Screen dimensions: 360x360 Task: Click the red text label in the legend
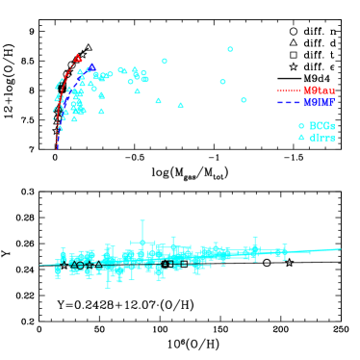tap(319, 90)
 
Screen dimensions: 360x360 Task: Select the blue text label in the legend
tap(319, 102)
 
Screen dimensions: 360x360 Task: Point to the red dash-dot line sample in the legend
tap(289, 90)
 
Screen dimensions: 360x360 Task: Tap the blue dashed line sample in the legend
tap(289, 102)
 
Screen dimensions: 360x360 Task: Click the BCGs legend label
tap(321, 126)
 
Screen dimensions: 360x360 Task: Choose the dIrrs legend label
tap(321, 138)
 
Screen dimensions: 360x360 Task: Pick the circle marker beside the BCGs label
tap(301, 126)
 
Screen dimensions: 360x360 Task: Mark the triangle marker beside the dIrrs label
tap(301, 138)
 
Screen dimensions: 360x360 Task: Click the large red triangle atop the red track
tap(78, 59)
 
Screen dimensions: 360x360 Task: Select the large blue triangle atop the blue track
tap(91, 67)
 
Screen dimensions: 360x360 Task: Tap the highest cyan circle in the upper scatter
tap(230, 49)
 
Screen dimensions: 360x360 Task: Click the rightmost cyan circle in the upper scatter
tap(244, 100)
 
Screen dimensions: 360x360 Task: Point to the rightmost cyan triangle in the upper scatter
tap(180, 105)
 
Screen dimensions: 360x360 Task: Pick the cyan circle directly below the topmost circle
tap(222, 82)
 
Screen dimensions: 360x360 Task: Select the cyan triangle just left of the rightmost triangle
tap(158, 100)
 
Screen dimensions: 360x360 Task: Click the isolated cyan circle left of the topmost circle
tap(165, 62)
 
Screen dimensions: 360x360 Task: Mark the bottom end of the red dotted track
tap(57, 148)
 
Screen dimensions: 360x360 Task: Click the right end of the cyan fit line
tap(341, 250)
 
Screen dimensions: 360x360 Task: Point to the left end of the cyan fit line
tap(39, 265)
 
